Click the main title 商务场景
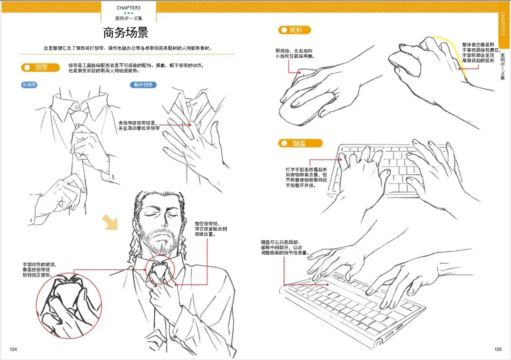126,32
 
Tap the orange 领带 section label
40,67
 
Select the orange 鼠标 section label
294,30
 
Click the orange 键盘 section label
301,143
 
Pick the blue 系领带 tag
29,85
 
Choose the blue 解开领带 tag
143,85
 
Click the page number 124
13,349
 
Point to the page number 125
498,349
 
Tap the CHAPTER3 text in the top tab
129,8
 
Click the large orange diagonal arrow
110,222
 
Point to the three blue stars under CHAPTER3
129,13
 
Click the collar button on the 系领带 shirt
79,108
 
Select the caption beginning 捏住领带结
210,229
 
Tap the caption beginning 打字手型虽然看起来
306,177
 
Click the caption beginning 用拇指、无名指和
295,53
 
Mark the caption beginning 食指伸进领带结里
139,125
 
